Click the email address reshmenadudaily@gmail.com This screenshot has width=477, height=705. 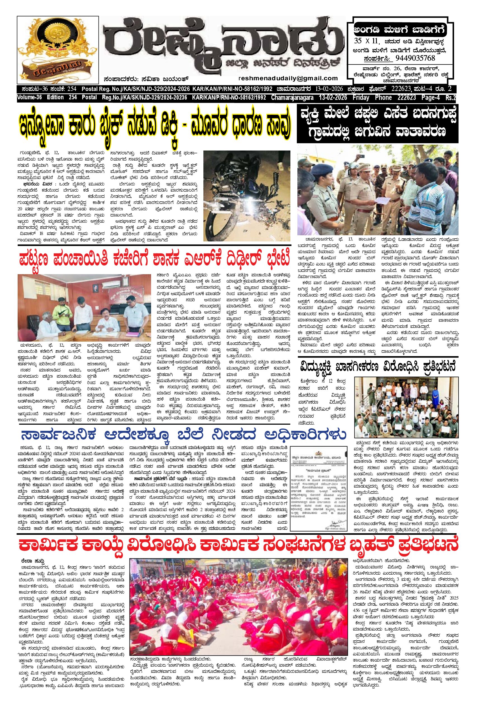[x=288, y=78]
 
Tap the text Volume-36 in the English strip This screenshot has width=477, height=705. [x=29, y=98]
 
